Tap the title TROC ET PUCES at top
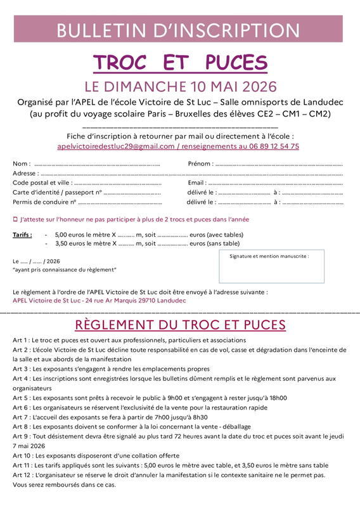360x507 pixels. click(180, 63)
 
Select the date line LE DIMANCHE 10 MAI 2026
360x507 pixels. click(180, 86)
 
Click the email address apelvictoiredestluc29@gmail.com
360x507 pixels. click(115, 146)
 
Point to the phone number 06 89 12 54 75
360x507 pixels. click(276, 146)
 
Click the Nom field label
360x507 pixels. click(21, 164)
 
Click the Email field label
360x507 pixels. click(196, 183)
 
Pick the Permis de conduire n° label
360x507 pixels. click(44, 202)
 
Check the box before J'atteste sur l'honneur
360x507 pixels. click(15, 219)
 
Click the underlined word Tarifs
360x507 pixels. click(22, 234)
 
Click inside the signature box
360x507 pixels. click(271, 270)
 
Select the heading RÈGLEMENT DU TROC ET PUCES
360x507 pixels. click(180, 325)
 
